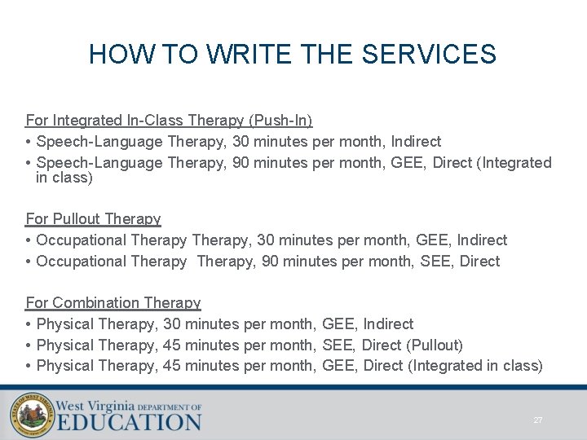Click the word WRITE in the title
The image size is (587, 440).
(252, 55)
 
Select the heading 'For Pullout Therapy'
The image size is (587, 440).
(93, 219)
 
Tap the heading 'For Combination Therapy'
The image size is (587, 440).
(113, 303)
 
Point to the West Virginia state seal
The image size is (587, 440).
(30, 415)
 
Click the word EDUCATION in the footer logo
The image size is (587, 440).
(130, 422)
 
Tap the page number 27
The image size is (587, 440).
(537, 420)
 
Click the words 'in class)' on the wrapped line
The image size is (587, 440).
(64, 178)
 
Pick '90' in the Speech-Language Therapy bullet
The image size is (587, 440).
(241, 163)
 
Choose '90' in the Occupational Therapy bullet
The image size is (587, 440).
(266, 262)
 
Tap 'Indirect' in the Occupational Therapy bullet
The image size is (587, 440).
(482, 240)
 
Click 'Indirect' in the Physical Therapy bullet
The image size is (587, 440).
(388, 324)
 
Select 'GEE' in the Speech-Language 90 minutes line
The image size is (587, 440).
(407, 163)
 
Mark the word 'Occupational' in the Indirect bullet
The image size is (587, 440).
(78, 240)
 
